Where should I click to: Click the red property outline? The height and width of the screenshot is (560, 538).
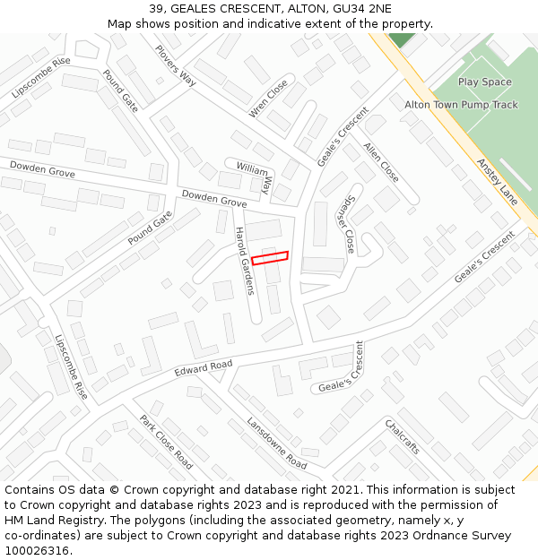click(270, 258)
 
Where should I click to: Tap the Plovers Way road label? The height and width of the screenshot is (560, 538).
click(176, 65)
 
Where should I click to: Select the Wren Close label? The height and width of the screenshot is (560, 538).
click(269, 98)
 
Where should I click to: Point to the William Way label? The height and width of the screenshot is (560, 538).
click(254, 176)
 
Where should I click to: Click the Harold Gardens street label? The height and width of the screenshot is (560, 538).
click(244, 261)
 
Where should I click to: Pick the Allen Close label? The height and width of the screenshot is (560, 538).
click(381, 162)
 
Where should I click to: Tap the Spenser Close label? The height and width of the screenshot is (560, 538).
click(346, 221)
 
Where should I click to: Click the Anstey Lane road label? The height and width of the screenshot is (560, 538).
click(497, 183)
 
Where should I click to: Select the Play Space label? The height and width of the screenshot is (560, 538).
click(484, 82)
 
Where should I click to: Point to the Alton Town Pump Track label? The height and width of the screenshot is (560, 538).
click(461, 105)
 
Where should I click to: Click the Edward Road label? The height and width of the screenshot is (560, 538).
click(204, 367)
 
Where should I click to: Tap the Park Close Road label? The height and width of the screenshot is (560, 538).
click(166, 442)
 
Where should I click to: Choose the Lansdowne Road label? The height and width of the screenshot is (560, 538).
click(276, 444)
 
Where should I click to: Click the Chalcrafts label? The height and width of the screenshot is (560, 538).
click(403, 436)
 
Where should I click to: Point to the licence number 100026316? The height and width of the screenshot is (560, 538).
click(37, 550)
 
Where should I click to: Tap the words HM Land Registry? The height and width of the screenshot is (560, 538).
click(54, 520)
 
